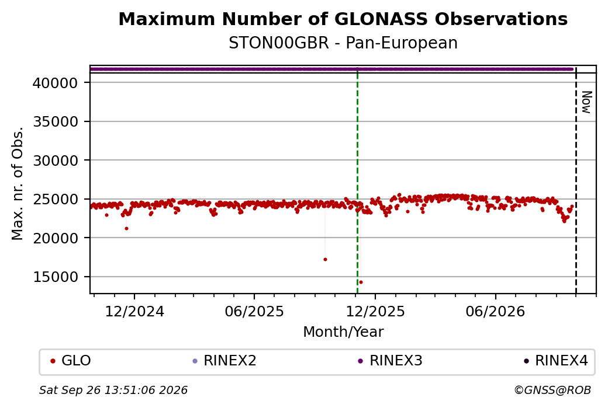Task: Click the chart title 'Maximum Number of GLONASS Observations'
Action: pyautogui.click(x=343, y=19)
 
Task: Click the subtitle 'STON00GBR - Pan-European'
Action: pyautogui.click(x=343, y=43)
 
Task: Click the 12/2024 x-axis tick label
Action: pyautogui.click(x=134, y=311)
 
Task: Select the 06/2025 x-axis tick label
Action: pyautogui.click(x=254, y=311)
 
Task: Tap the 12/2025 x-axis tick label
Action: pyautogui.click(x=375, y=311)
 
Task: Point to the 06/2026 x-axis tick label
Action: pyautogui.click(x=495, y=311)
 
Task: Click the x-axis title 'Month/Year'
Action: pyautogui.click(x=343, y=332)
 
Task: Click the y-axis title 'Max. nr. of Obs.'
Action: pyautogui.click(x=18, y=183)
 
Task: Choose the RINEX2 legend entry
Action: pyautogui.click(x=224, y=361)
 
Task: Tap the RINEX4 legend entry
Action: pyautogui.click(x=556, y=361)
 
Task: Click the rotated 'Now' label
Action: pyautogui.click(x=587, y=102)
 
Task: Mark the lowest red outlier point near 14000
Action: pyautogui.click(x=361, y=282)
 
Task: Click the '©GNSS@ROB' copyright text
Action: pyautogui.click(x=552, y=390)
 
